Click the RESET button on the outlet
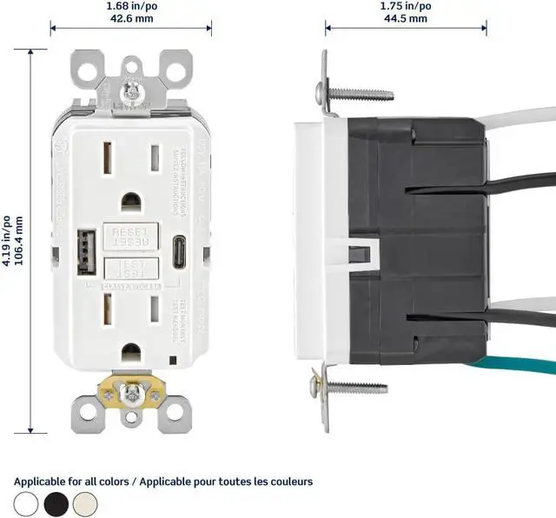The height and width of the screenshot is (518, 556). tap(130, 234)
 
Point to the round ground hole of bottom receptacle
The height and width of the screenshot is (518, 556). tap(131, 353)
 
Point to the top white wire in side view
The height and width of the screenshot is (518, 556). tap(521, 123)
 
